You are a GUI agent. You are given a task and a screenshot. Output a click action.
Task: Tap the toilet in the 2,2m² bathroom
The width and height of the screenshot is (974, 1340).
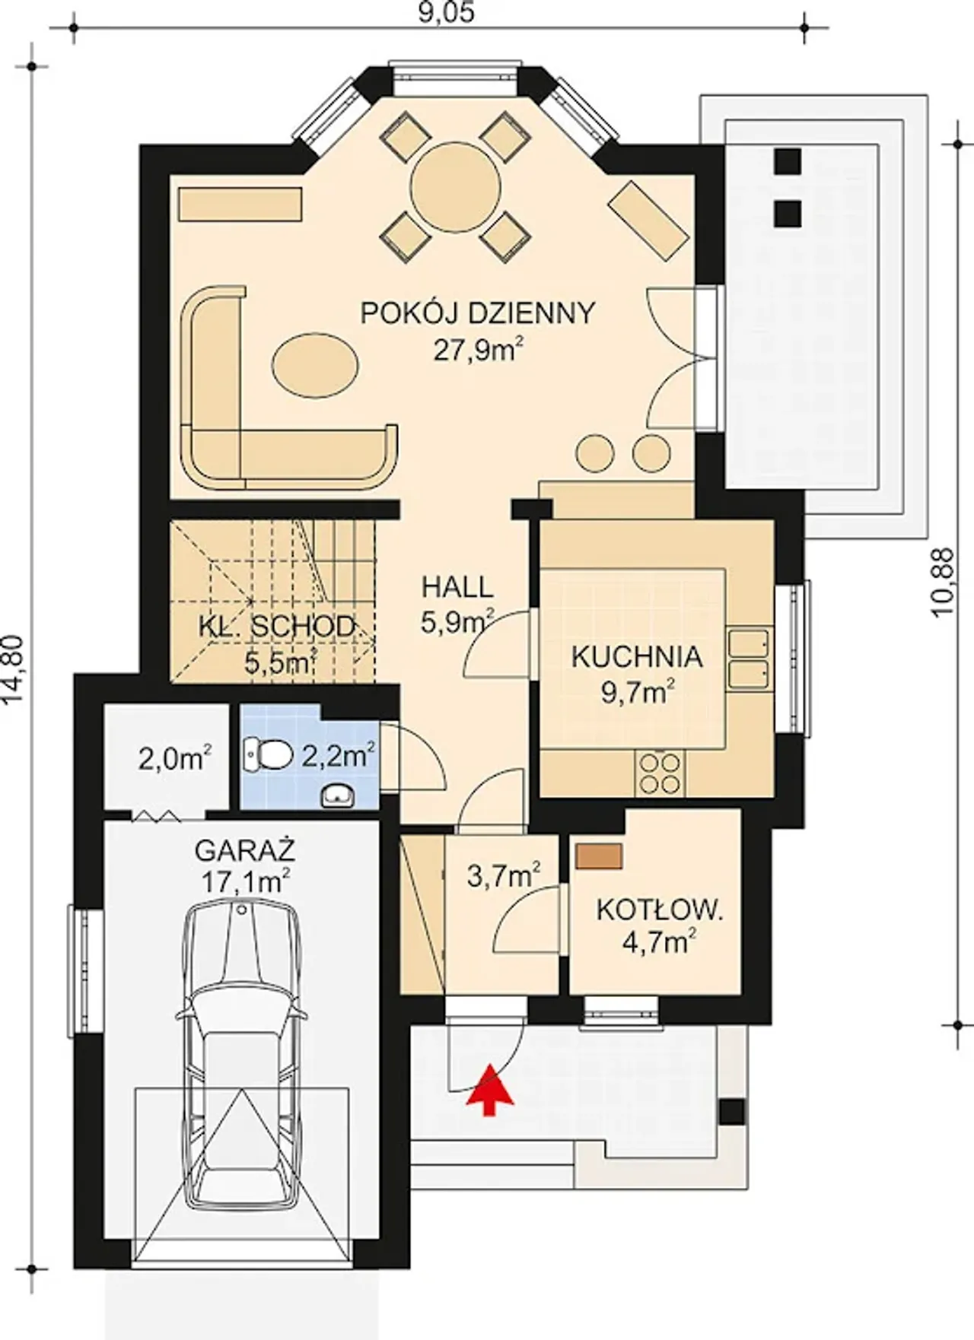tap(269, 754)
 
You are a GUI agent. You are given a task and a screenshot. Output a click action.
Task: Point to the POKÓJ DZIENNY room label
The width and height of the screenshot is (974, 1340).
tap(477, 313)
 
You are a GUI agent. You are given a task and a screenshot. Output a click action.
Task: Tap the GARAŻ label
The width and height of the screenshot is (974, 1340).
tap(245, 849)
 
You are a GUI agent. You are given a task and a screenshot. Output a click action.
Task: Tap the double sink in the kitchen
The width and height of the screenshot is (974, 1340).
tap(750, 659)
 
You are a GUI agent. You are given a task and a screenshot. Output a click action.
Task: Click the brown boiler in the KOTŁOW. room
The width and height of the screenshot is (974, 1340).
tap(600, 855)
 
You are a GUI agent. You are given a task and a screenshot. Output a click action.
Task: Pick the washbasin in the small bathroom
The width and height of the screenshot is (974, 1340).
tap(336, 795)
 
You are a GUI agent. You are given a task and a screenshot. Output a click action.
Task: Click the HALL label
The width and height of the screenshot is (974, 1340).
tap(457, 587)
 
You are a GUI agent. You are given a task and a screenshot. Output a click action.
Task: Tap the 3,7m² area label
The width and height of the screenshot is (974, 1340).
tap(504, 876)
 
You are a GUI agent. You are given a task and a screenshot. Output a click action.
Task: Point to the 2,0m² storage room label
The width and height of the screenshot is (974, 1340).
tap(175, 758)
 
